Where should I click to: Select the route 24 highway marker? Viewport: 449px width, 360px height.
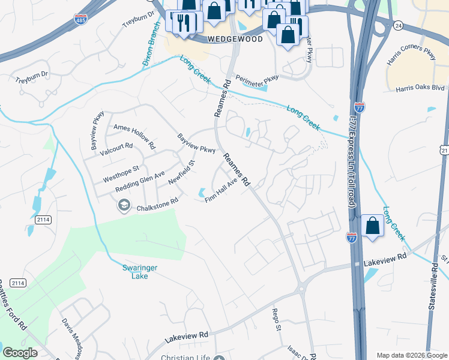pyautogui.click(x=398, y=25)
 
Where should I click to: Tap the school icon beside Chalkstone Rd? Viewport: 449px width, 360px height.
pyautogui.click(x=124, y=206)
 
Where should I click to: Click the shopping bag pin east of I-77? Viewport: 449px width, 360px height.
pyautogui.click(x=373, y=226)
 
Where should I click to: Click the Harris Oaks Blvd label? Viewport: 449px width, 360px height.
pyautogui.click(x=420, y=88)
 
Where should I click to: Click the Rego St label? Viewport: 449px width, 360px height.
pyautogui.click(x=277, y=319)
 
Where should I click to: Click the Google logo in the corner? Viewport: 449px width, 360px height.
pyautogui.click(x=20, y=353)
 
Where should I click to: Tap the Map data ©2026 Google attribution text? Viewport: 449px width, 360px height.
pyautogui.click(x=411, y=355)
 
